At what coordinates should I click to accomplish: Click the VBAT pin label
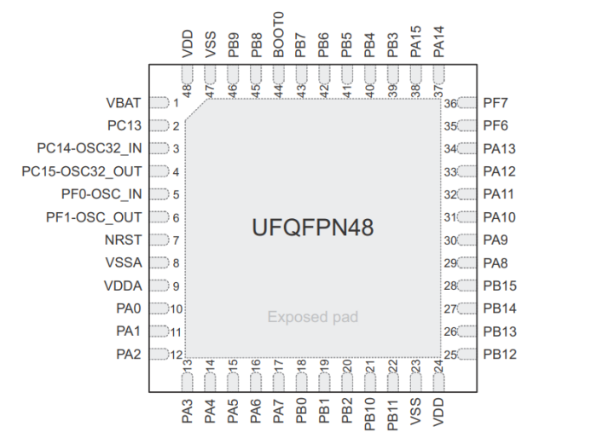pos(125,103)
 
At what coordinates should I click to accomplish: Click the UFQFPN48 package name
pos(313,228)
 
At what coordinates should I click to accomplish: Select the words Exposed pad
pos(313,317)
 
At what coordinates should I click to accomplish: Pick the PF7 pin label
pos(496,103)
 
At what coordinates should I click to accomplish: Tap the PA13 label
pos(499,149)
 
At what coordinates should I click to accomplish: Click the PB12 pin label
pos(500,354)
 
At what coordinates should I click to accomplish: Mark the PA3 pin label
pos(187,410)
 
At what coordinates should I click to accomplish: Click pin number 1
pos(176,104)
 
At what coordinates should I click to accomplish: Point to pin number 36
pos(450,104)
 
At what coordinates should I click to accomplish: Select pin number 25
pos(450,354)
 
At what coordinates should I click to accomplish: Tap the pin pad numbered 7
pos(159,240)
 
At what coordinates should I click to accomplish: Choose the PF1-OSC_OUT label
pos(94,217)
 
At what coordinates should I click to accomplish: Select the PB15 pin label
pos(500,285)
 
